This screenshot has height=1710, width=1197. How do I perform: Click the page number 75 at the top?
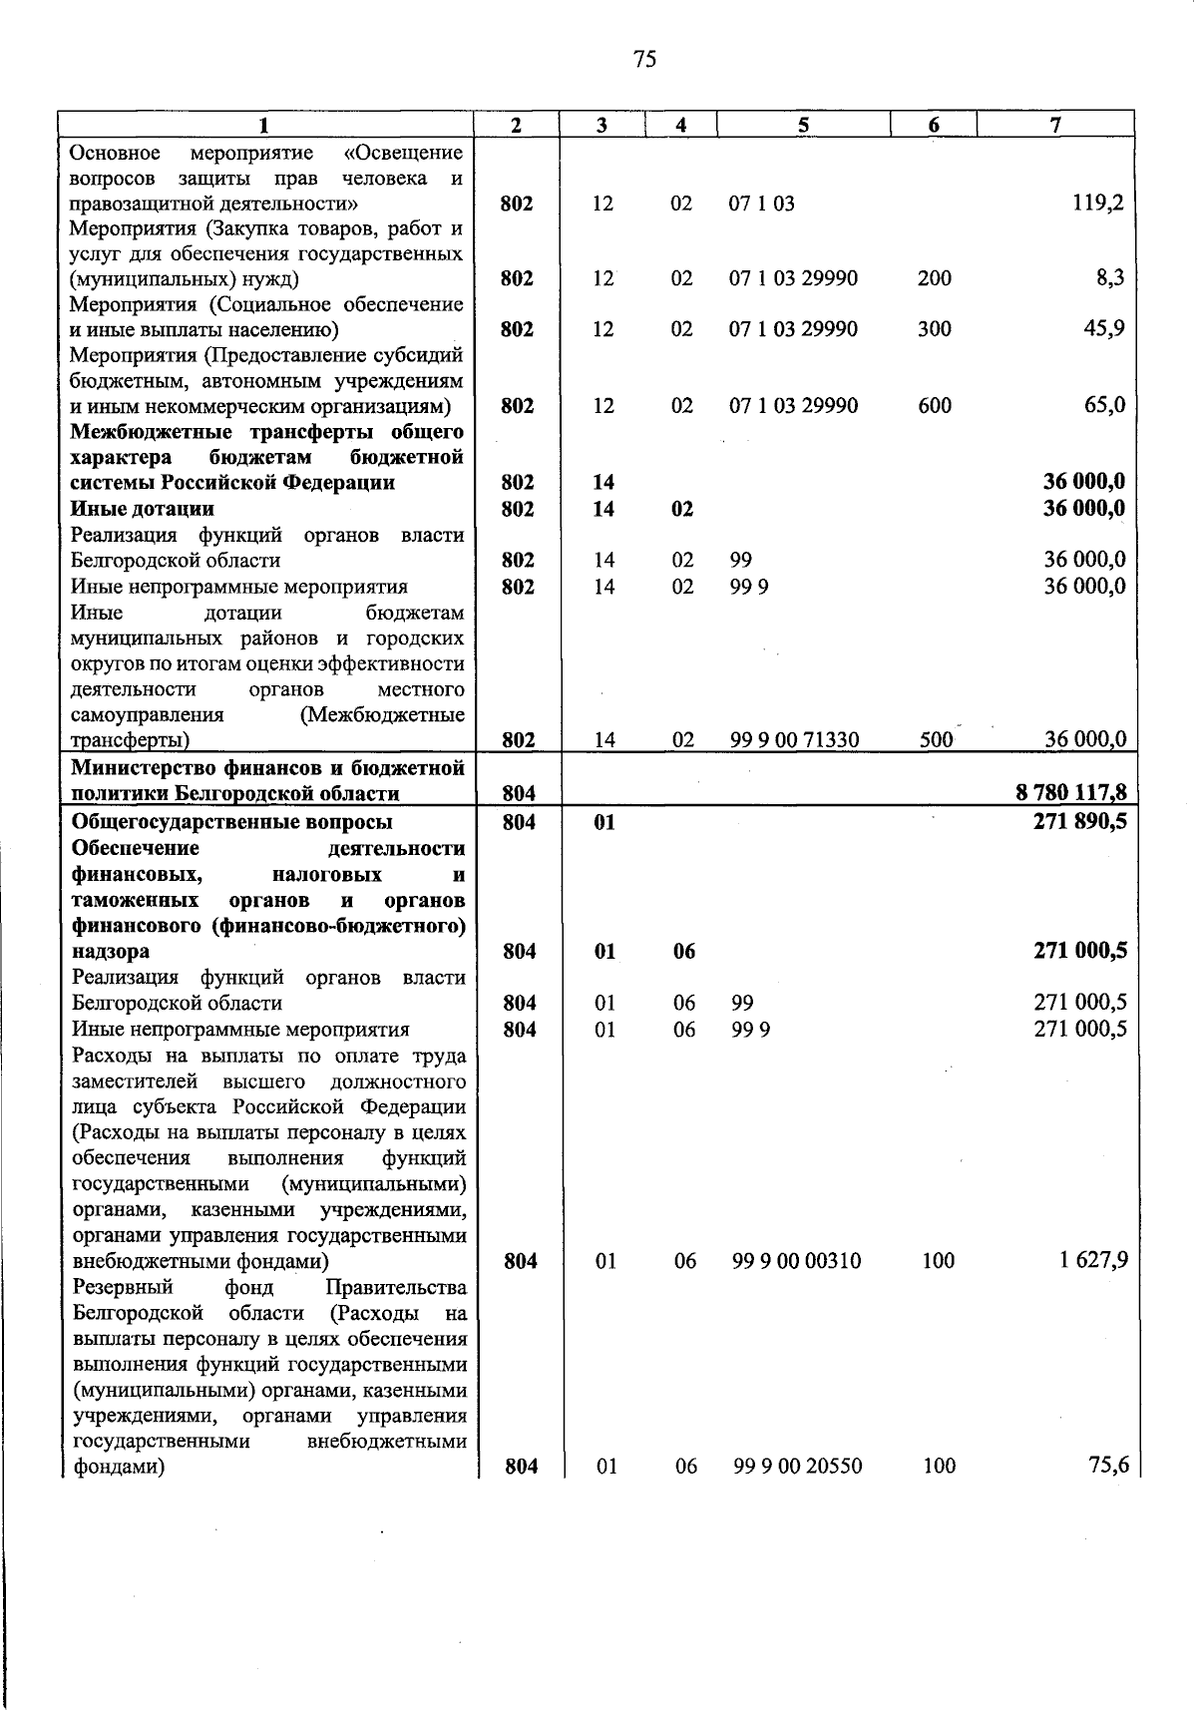644,60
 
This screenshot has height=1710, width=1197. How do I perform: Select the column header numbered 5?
802,125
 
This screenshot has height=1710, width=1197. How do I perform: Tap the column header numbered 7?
1055,125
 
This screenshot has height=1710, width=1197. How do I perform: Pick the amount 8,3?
1110,278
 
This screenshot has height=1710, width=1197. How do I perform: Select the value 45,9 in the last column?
1105,329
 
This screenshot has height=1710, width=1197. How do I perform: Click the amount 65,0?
1105,405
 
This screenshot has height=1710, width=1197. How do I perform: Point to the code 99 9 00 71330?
795,740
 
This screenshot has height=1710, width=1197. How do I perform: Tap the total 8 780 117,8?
1071,794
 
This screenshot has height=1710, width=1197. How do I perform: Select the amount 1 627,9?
1093,1261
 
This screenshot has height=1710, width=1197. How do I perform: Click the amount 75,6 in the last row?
1108,1466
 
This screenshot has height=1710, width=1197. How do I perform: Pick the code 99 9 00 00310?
796,1261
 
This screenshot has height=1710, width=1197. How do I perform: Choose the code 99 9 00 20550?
797,1467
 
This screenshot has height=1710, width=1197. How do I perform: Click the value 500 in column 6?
936,740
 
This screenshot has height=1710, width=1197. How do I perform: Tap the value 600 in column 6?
935,406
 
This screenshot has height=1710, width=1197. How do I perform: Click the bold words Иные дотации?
142,509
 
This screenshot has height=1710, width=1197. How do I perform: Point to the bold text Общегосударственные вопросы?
232,822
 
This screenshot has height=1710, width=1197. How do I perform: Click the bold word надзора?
111,952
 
